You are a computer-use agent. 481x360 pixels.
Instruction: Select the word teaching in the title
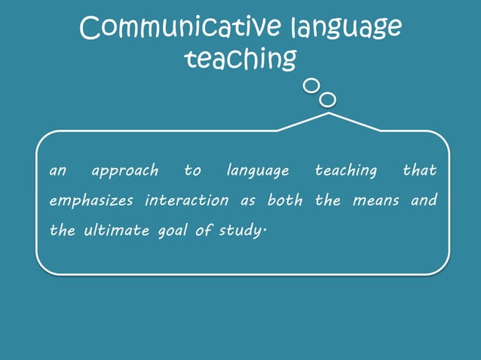[x=240, y=59]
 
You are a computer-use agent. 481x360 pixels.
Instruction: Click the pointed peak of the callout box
[x=329, y=114]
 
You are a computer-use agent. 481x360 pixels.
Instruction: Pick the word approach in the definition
[x=125, y=172]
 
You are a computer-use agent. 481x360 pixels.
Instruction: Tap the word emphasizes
[x=91, y=201]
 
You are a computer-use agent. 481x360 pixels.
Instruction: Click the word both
[x=285, y=201]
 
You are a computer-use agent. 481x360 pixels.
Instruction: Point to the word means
[x=375, y=201]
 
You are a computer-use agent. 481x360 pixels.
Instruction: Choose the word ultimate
[x=115, y=231]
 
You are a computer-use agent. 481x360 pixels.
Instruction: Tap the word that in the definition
[x=419, y=171]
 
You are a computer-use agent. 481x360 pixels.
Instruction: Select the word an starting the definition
[x=58, y=172]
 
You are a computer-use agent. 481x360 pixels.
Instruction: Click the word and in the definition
[x=424, y=201]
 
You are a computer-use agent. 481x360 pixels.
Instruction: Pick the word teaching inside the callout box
[x=345, y=172]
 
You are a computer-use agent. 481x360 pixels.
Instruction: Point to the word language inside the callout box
[x=258, y=172]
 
